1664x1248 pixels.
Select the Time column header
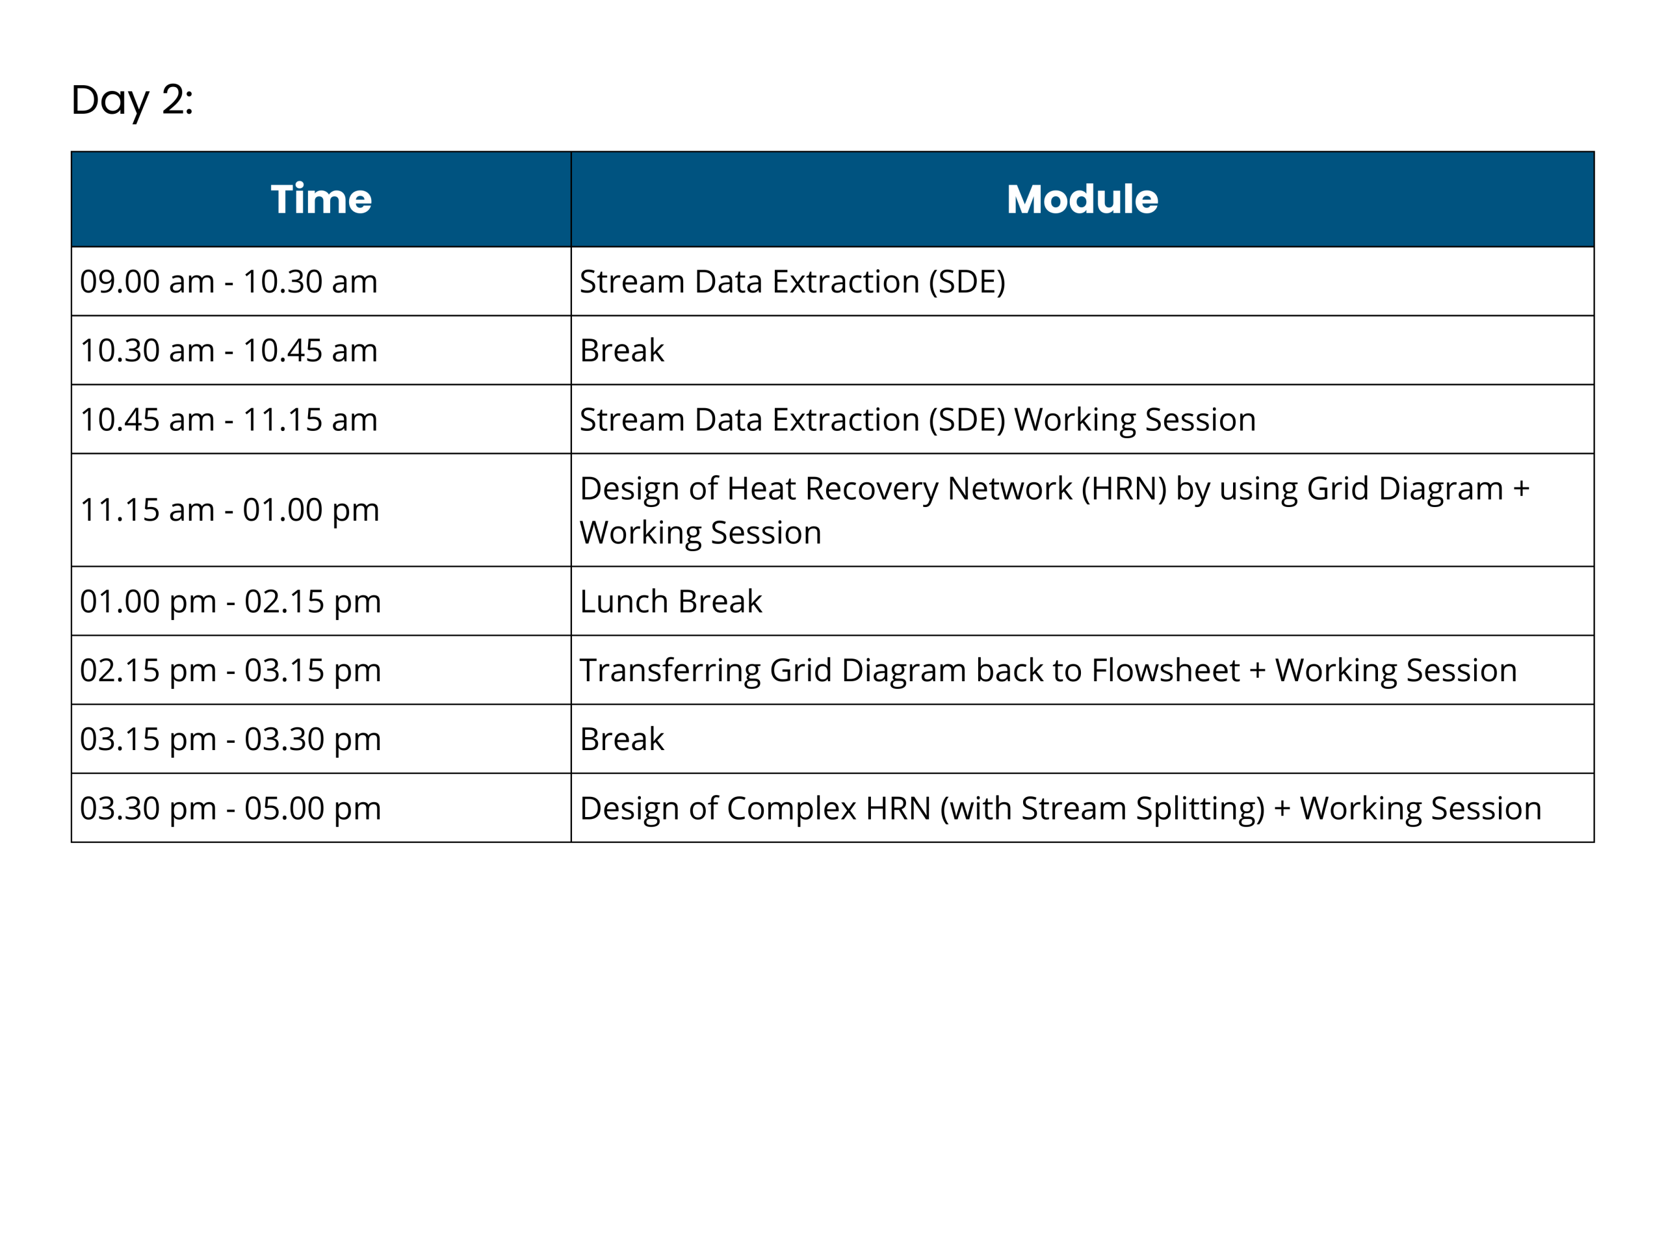321,200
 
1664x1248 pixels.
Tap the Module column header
1082,200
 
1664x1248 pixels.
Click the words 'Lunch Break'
671,601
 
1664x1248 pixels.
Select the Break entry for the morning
622,350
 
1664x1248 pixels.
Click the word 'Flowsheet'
1165,670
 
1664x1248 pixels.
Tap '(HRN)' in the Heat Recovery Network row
1124,489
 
